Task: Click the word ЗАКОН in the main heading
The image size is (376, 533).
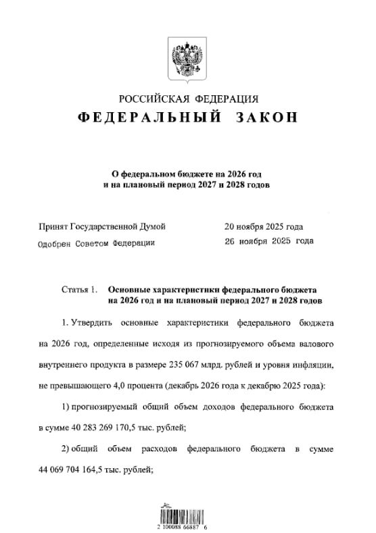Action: [x=266, y=118]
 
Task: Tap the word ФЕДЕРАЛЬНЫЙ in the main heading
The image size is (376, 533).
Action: [x=150, y=118]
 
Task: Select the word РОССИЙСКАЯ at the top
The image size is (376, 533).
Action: [x=151, y=99]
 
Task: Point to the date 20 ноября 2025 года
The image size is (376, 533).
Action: [x=264, y=226]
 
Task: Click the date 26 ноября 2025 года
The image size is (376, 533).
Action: [x=268, y=241]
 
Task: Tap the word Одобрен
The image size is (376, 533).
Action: [x=58, y=243]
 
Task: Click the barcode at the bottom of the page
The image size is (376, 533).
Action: [x=186, y=511]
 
